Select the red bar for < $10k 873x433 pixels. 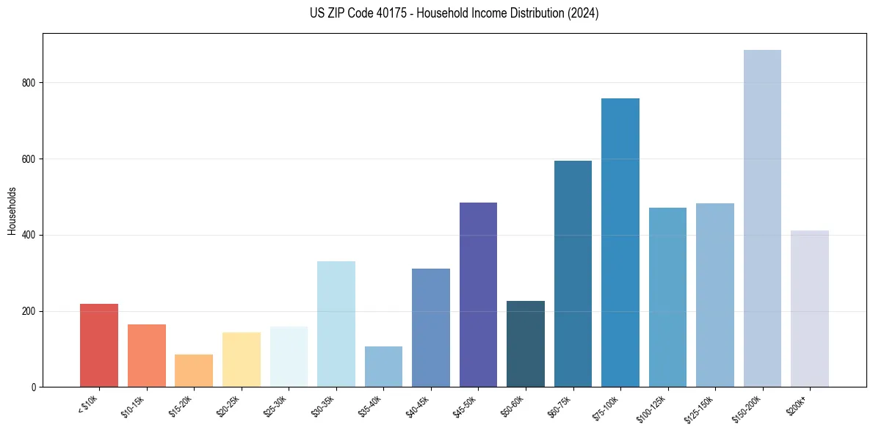point(99,345)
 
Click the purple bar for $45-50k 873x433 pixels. point(478,294)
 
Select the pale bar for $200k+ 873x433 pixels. point(810,308)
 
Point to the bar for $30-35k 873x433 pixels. point(336,324)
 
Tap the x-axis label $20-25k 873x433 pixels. point(228,404)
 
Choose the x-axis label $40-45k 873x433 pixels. point(418,404)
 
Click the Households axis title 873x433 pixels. point(12,211)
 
